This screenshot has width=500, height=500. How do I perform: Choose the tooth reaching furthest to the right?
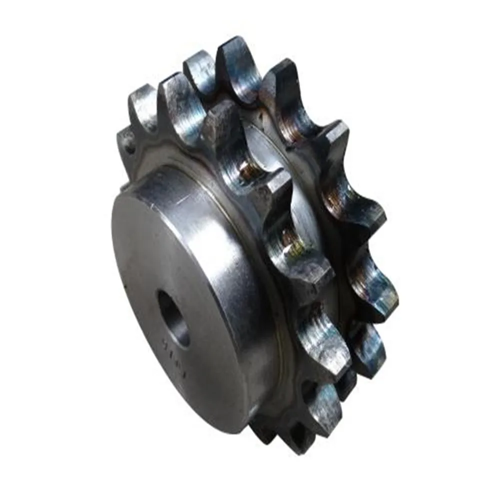(382, 290)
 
